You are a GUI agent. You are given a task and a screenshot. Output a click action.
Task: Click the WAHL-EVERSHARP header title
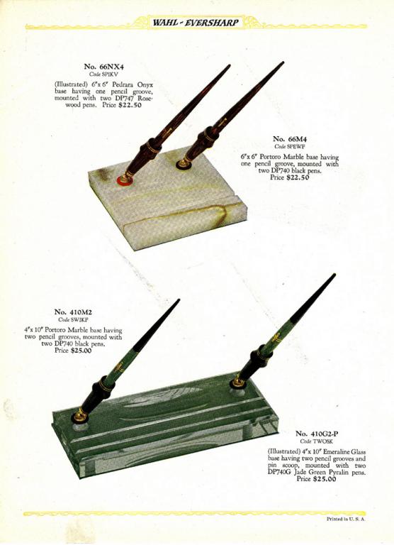[x=196, y=23]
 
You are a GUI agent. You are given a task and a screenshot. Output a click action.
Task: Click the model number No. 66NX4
[x=103, y=67]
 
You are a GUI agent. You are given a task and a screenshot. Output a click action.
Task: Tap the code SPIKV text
[x=103, y=74]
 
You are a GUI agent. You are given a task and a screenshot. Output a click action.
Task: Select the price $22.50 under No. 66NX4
[x=130, y=105]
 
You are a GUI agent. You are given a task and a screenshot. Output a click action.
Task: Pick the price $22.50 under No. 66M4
[x=297, y=177]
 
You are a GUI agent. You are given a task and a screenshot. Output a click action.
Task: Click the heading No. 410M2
[x=73, y=312]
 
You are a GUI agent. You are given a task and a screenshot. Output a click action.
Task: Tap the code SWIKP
[x=73, y=320]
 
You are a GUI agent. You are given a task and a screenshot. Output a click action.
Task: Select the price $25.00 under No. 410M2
[x=81, y=351]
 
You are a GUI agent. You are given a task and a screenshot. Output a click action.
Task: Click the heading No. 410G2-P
[x=317, y=434]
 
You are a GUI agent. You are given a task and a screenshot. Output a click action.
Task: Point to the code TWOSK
[x=317, y=441]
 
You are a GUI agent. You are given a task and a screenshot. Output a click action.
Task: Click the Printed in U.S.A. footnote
[x=346, y=519]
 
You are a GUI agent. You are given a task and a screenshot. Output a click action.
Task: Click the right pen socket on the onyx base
[x=183, y=163]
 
